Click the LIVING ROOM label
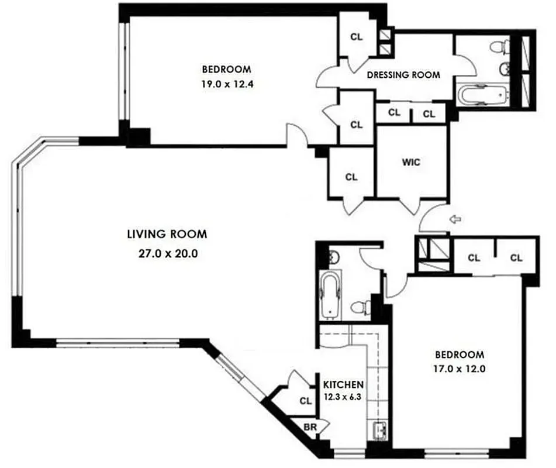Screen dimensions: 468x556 [167, 235]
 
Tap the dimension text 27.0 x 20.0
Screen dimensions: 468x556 [167, 254]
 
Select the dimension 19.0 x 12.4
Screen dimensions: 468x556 [227, 84]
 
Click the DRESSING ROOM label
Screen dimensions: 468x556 [403, 75]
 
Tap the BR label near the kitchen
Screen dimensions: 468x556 [310, 428]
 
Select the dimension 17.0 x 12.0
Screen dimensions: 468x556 [460, 369]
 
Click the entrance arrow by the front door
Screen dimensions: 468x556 [454, 219]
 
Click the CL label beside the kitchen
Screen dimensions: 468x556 [305, 401]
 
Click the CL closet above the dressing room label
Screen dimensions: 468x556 [356, 36]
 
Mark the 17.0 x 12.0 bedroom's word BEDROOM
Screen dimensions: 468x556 [460, 355]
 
